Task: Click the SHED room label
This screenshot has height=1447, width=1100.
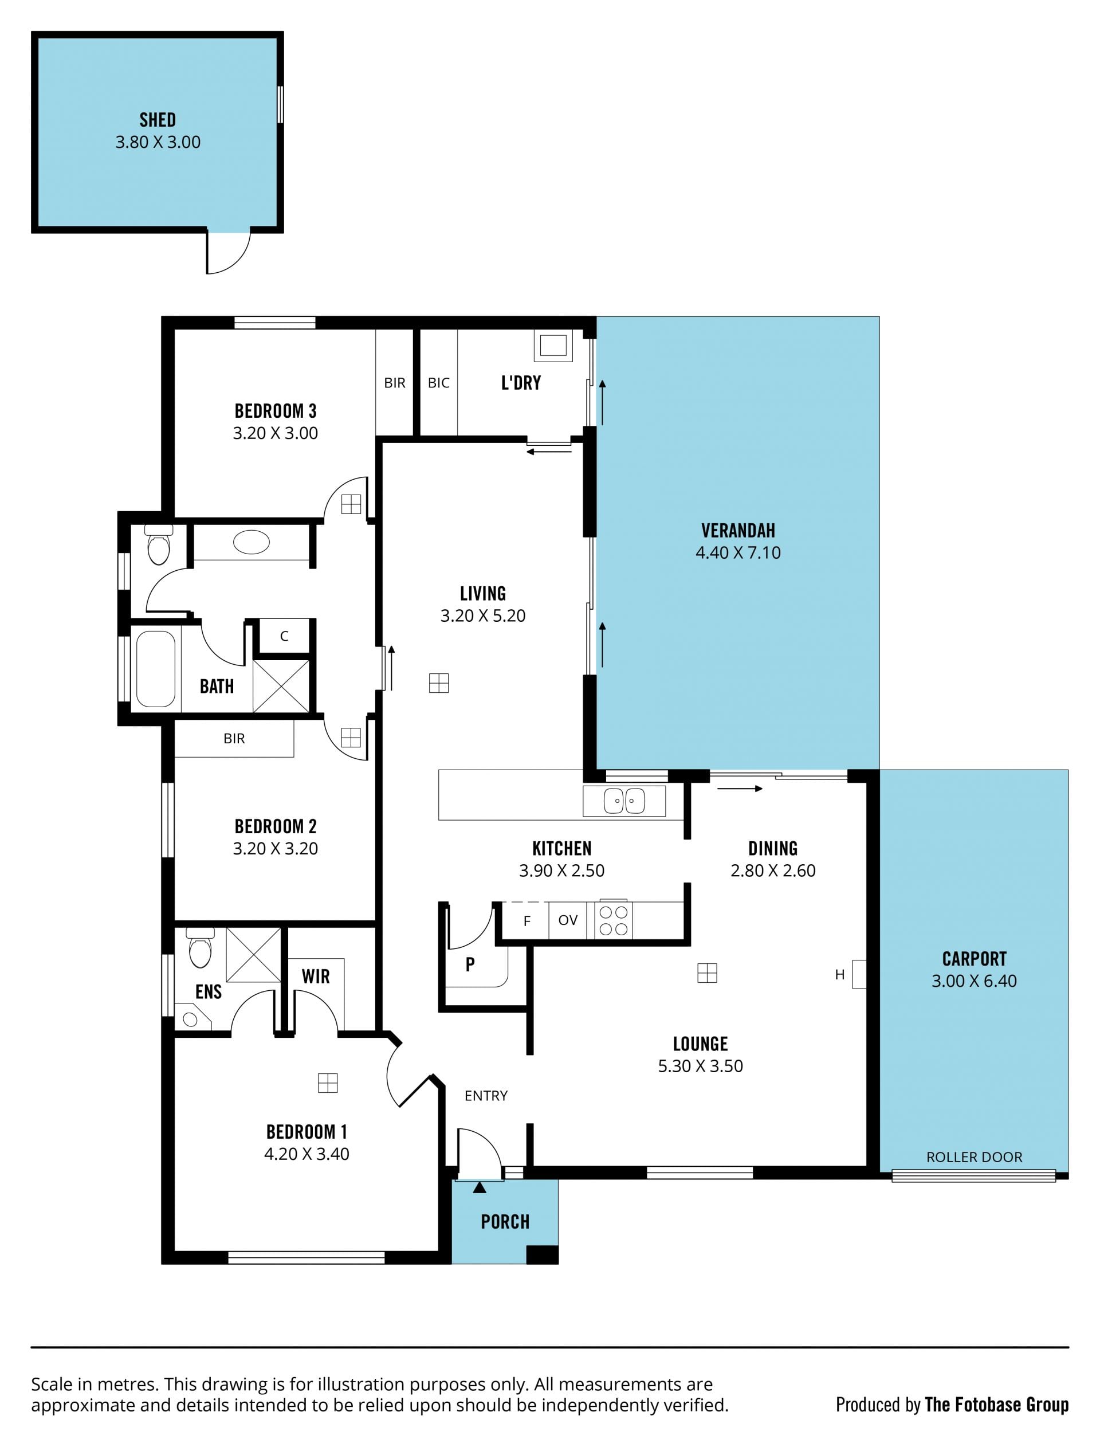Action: tap(158, 120)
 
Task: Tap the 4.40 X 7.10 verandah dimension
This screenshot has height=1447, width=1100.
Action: tap(738, 552)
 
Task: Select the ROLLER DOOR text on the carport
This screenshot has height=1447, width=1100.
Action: tap(975, 1157)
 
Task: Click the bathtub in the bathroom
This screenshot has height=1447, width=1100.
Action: tap(156, 669)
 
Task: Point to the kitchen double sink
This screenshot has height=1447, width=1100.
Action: tap(624, 801)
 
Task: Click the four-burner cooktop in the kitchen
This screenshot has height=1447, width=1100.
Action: tap(614, 920)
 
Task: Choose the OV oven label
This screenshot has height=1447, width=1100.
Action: tap(568, 920)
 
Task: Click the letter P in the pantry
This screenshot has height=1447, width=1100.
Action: tap(470, 964)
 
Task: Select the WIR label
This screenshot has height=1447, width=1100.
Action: tap(316, 977)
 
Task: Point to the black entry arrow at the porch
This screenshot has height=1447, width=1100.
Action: tap(480, 1187)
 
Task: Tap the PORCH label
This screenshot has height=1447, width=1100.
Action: tap(505, 1222)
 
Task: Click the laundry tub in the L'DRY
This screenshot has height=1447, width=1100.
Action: tap(553, 346)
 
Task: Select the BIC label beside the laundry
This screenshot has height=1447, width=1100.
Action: tap(439, 383)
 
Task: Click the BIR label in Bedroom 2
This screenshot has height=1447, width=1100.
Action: tap(234, 739)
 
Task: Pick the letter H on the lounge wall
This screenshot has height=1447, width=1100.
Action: tap(839, 975)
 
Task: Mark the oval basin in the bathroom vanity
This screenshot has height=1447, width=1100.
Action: tap(252, 542)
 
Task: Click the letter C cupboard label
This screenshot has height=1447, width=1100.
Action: tap(284, 636)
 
